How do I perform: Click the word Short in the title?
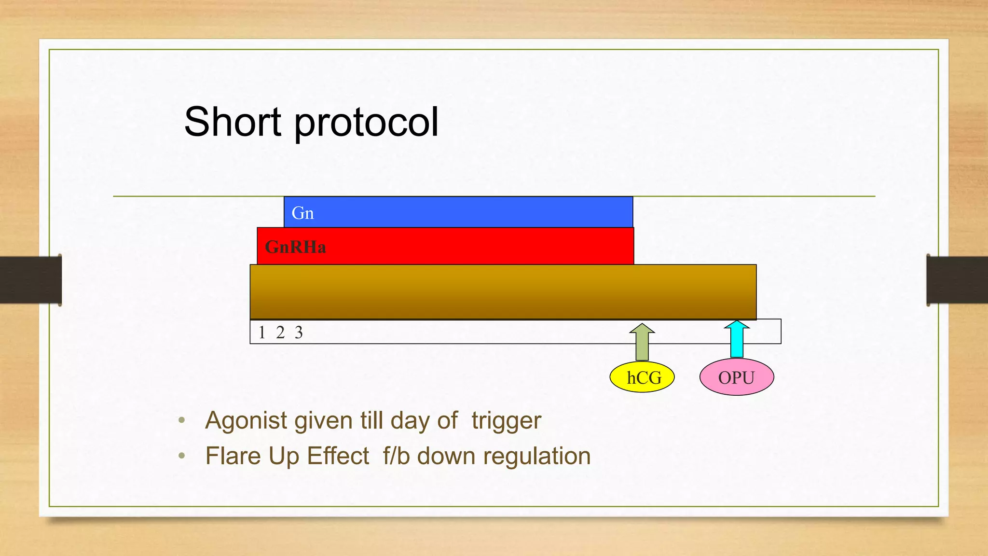tap(233, 122)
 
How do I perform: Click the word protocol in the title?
tap(366, 124)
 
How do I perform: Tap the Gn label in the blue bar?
tap(302, 213)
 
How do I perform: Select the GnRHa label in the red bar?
tap(295, 247)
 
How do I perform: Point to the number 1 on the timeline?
tap(262, 333)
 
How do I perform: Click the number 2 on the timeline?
tap(280, 333)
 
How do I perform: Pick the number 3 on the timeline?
tap(299, 333)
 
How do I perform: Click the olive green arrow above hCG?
tap(642, 342)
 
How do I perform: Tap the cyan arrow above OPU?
tap(737, 339)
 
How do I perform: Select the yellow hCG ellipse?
tap(642, 377)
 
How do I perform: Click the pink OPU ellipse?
tap(737, 377)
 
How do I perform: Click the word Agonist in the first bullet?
tap(246, 420)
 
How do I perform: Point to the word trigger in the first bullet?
tap(506, 420)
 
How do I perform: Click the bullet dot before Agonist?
tap(181, 420)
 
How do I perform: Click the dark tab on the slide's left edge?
tap(30, 280)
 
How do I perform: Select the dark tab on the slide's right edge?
tap(957, 280)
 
